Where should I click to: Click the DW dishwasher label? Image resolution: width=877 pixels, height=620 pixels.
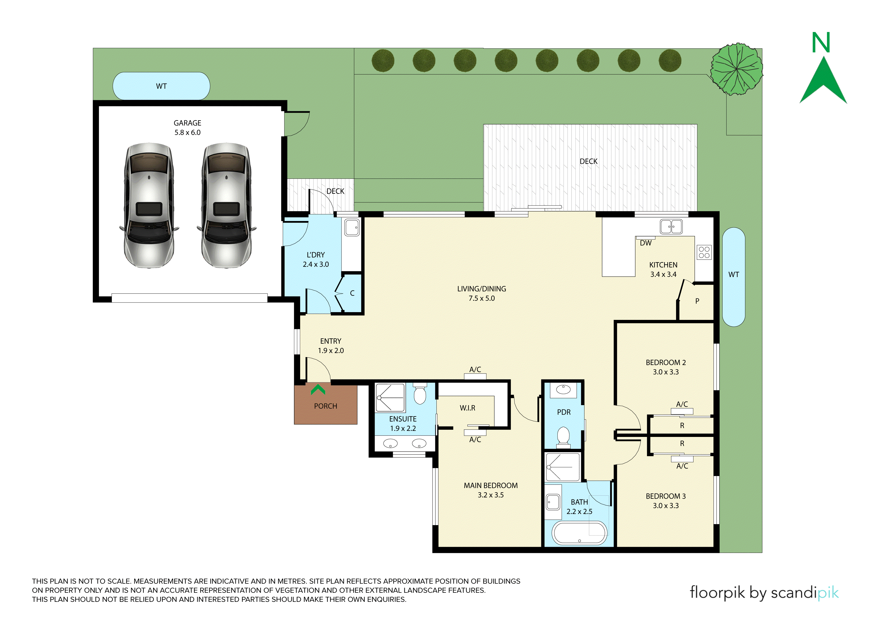point(646,243)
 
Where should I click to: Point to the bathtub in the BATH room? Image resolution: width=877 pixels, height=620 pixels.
point(579,533)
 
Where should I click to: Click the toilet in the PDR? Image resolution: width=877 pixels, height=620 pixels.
point(563,437)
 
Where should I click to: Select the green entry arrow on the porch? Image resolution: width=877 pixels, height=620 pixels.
point(318,390)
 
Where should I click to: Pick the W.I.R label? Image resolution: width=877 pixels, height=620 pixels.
point(468,408)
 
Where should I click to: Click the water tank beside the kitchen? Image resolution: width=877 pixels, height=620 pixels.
point(734,277)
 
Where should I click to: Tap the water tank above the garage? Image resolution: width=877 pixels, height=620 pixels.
point(161,86)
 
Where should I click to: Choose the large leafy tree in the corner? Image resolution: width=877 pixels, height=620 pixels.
point(736,69)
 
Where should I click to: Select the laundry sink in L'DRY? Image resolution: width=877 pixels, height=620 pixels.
point(352,228)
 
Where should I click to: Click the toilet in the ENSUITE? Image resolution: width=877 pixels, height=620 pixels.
point(420,393)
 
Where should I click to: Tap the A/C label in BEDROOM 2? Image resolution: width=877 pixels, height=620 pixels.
point(682,404)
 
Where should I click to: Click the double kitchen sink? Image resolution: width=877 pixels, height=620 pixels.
point(671,227)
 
